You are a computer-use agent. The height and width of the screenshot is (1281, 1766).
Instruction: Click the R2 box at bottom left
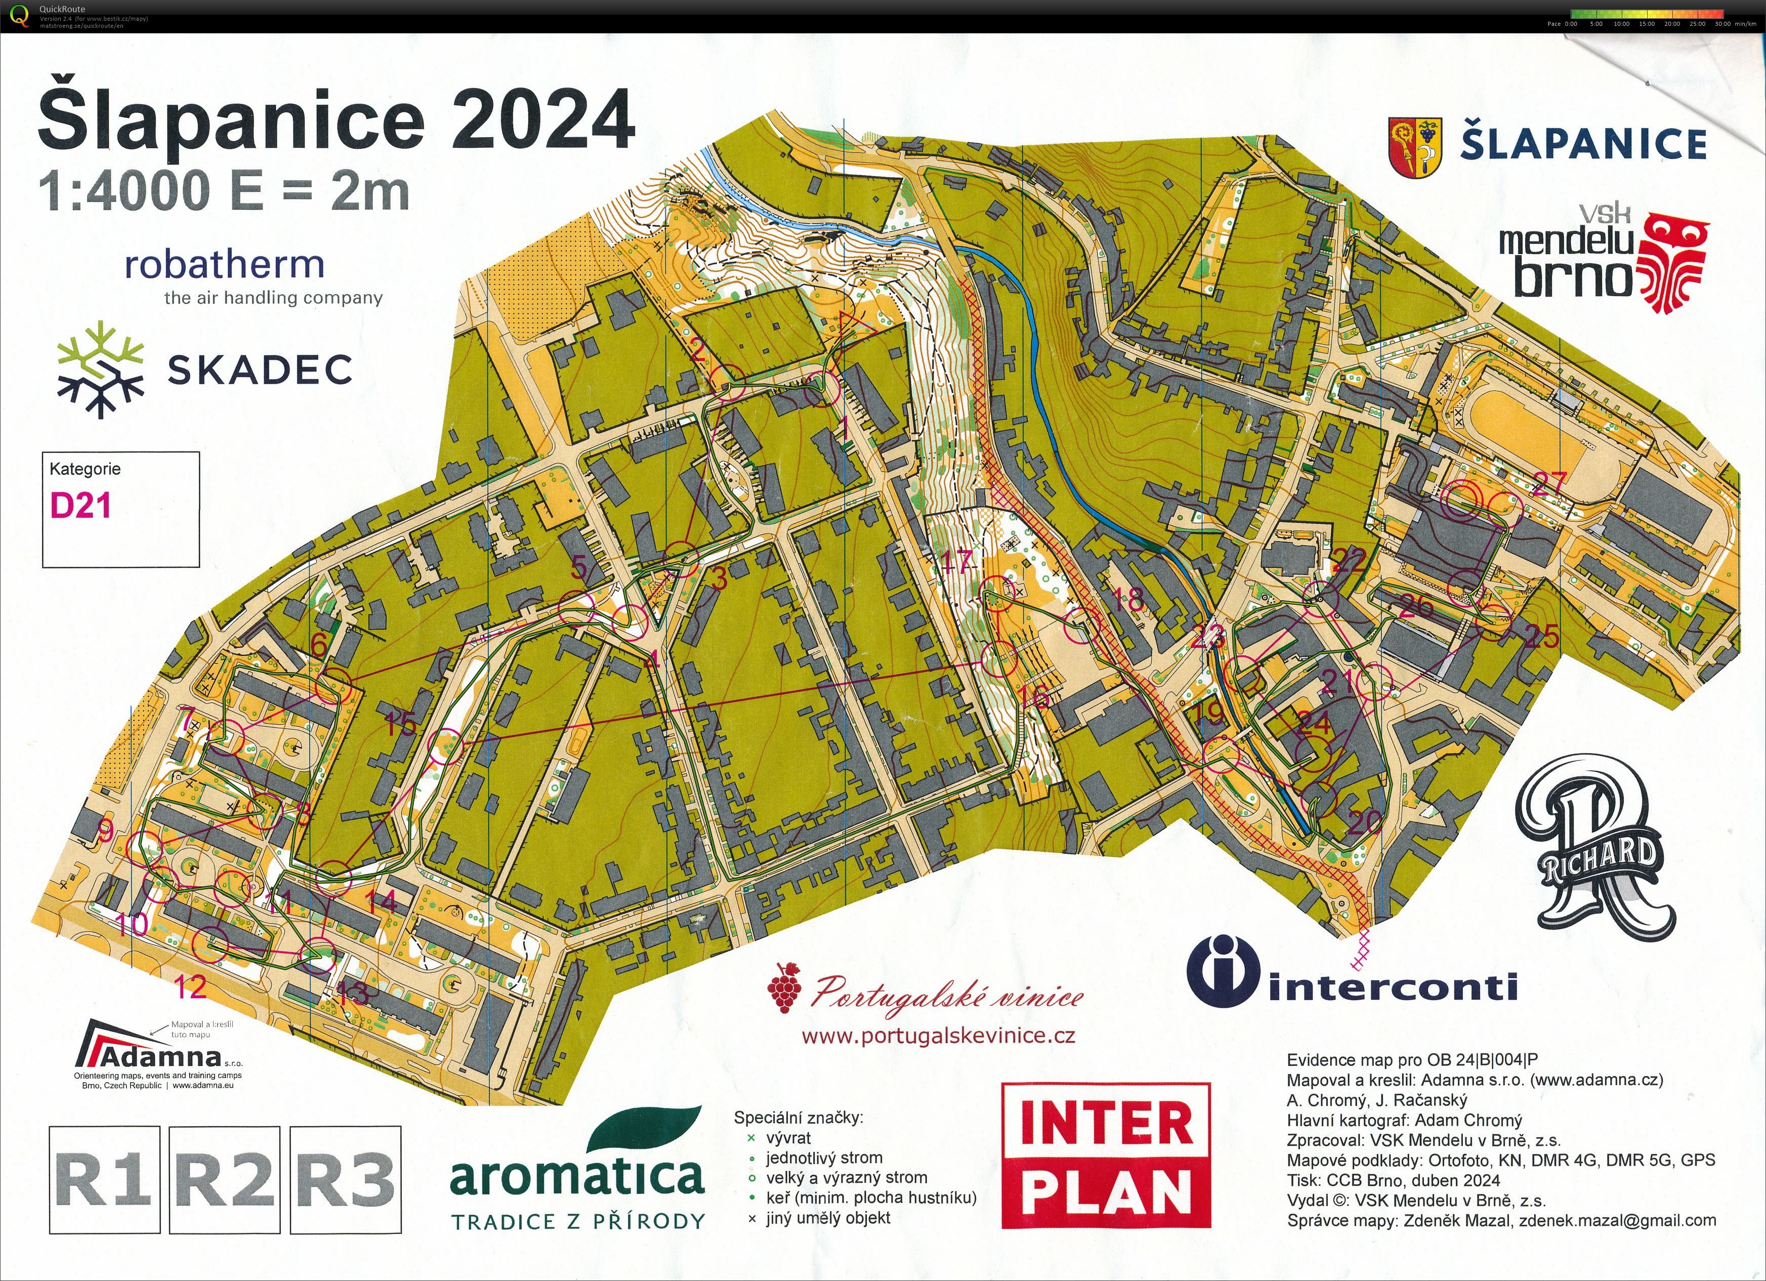224,1180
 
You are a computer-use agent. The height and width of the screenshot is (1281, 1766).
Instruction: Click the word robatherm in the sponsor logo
224,265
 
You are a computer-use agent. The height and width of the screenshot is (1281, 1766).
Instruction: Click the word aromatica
577,1177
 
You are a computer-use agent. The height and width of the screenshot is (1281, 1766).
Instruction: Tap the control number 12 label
190,987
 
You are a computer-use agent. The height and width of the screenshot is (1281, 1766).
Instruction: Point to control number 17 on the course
956,561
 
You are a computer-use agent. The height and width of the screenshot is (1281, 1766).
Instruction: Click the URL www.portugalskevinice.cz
938,1036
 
